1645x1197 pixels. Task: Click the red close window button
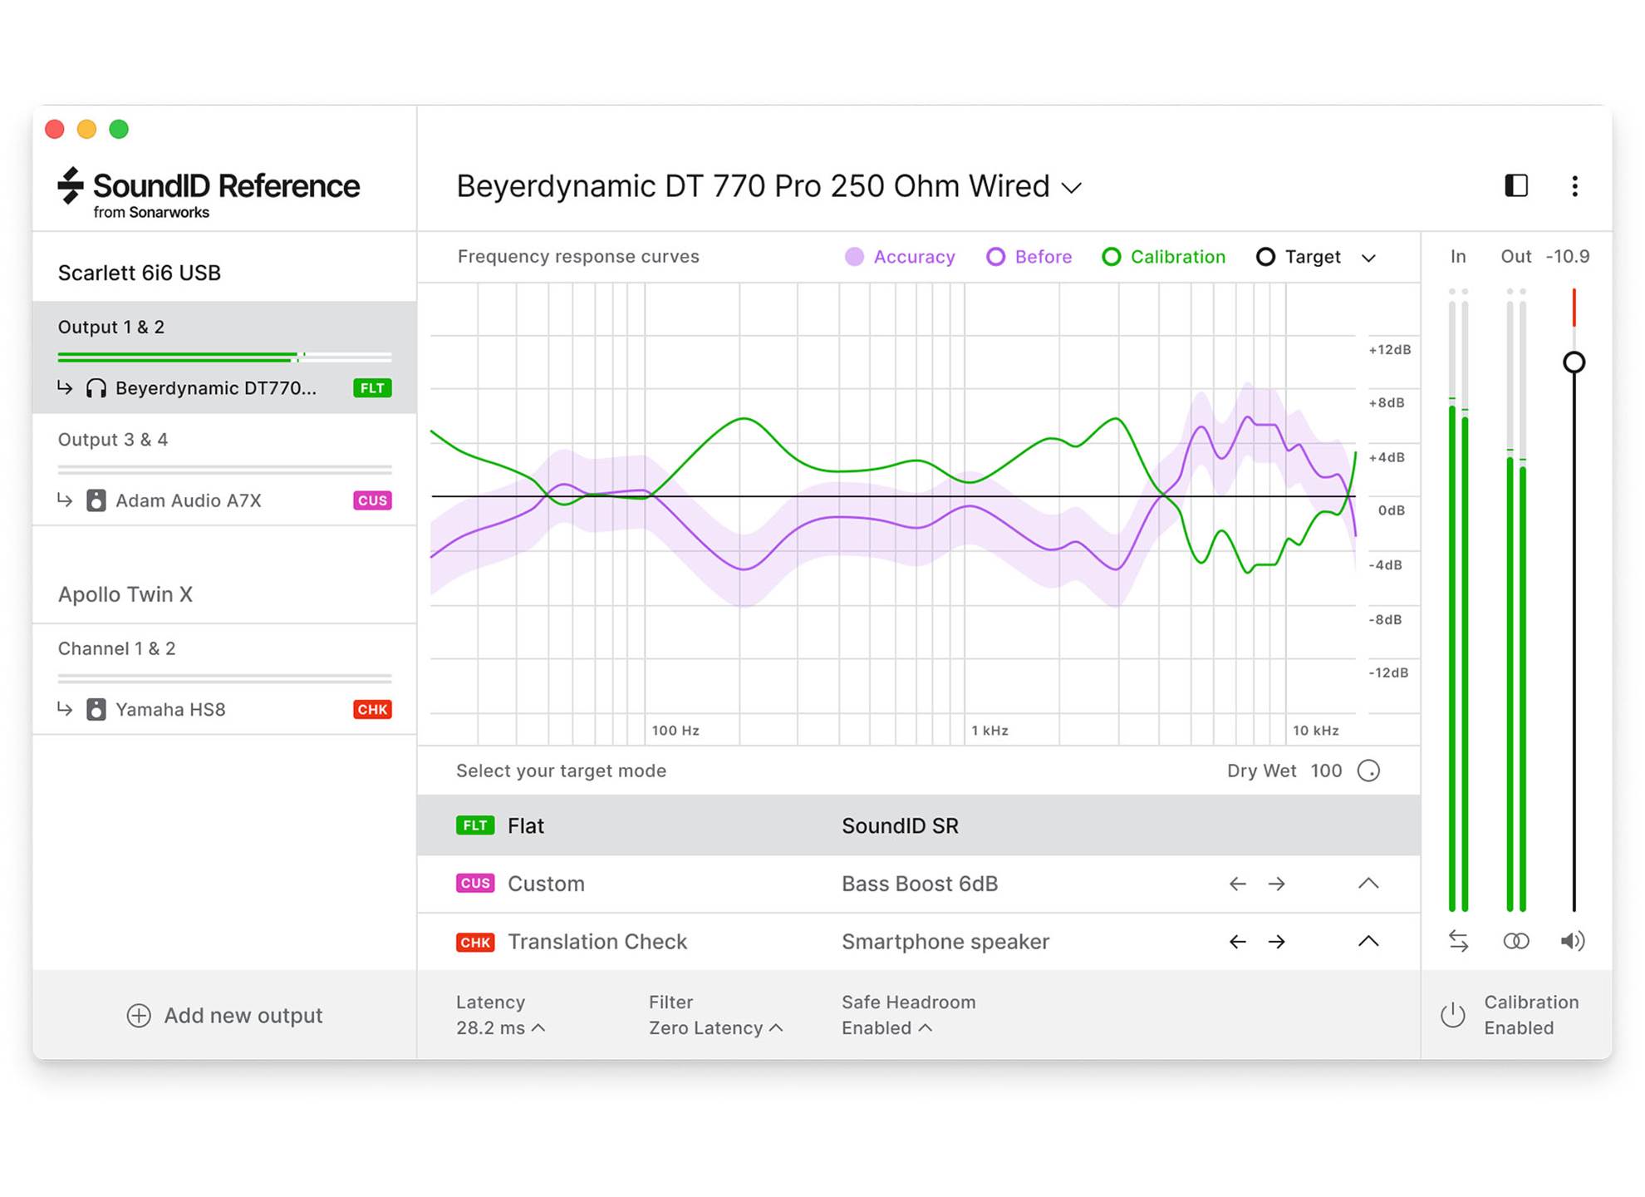coord(55,129)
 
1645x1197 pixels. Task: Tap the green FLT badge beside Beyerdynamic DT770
coord(372,388)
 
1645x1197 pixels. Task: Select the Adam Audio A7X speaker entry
coord(188,500)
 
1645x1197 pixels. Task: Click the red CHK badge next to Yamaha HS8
coord(372,709)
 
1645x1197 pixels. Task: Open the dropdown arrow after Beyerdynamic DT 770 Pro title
coord(1073,188)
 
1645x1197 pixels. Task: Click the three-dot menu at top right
coord(1574,186)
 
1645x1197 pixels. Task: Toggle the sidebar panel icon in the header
coord(1516,186)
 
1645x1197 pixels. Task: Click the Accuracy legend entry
coord(901,257)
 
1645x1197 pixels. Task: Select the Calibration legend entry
coord(1164,257)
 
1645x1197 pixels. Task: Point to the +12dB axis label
coord(1389,350)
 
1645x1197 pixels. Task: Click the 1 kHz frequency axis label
coord(989,731)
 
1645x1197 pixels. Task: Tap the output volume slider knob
coord(1574,362)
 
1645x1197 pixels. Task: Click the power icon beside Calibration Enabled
coord(1452,1015)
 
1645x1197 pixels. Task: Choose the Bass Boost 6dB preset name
coord(920,884)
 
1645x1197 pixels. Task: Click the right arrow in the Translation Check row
coord(1277,942)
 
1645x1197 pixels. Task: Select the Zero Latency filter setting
coord(706,1028)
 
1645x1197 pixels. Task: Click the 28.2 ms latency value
coord(491,1028)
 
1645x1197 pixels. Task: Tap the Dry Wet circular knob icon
coord(1368,771)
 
